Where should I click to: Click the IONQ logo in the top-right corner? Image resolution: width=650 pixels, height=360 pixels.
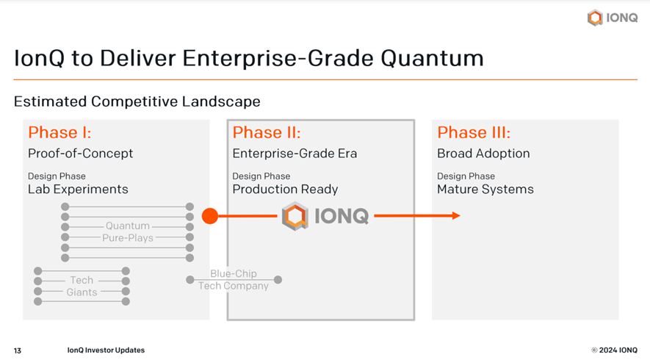613,18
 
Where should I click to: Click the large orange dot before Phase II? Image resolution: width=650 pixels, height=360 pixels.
210,216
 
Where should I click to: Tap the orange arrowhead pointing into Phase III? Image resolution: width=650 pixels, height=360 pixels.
456,216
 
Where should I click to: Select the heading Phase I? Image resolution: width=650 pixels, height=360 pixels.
59,133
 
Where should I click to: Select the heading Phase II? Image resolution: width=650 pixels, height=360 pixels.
267,133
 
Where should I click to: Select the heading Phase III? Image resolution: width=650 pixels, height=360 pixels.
474,133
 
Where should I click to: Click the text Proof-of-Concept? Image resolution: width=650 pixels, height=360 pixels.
81,154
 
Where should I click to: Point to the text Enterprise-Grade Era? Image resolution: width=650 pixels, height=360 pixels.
295,154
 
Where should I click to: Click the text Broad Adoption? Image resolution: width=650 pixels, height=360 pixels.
483,154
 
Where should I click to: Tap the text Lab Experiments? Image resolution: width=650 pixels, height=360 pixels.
78,189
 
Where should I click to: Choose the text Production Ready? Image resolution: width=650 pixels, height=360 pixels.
285,189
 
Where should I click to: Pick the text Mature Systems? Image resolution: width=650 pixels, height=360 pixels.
485,189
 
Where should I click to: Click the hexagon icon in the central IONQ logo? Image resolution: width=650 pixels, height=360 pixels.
295,217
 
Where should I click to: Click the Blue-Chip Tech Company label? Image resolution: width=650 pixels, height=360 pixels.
234,280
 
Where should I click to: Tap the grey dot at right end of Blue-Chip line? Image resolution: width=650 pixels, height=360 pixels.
278,279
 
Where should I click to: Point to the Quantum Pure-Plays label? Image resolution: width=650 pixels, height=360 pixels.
128,232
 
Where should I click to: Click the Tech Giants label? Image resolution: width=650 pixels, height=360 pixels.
82,286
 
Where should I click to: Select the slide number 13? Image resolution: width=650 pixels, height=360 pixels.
18,350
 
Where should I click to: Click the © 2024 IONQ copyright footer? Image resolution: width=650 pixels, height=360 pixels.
614,350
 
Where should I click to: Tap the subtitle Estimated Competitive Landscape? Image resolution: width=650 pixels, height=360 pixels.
137,101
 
